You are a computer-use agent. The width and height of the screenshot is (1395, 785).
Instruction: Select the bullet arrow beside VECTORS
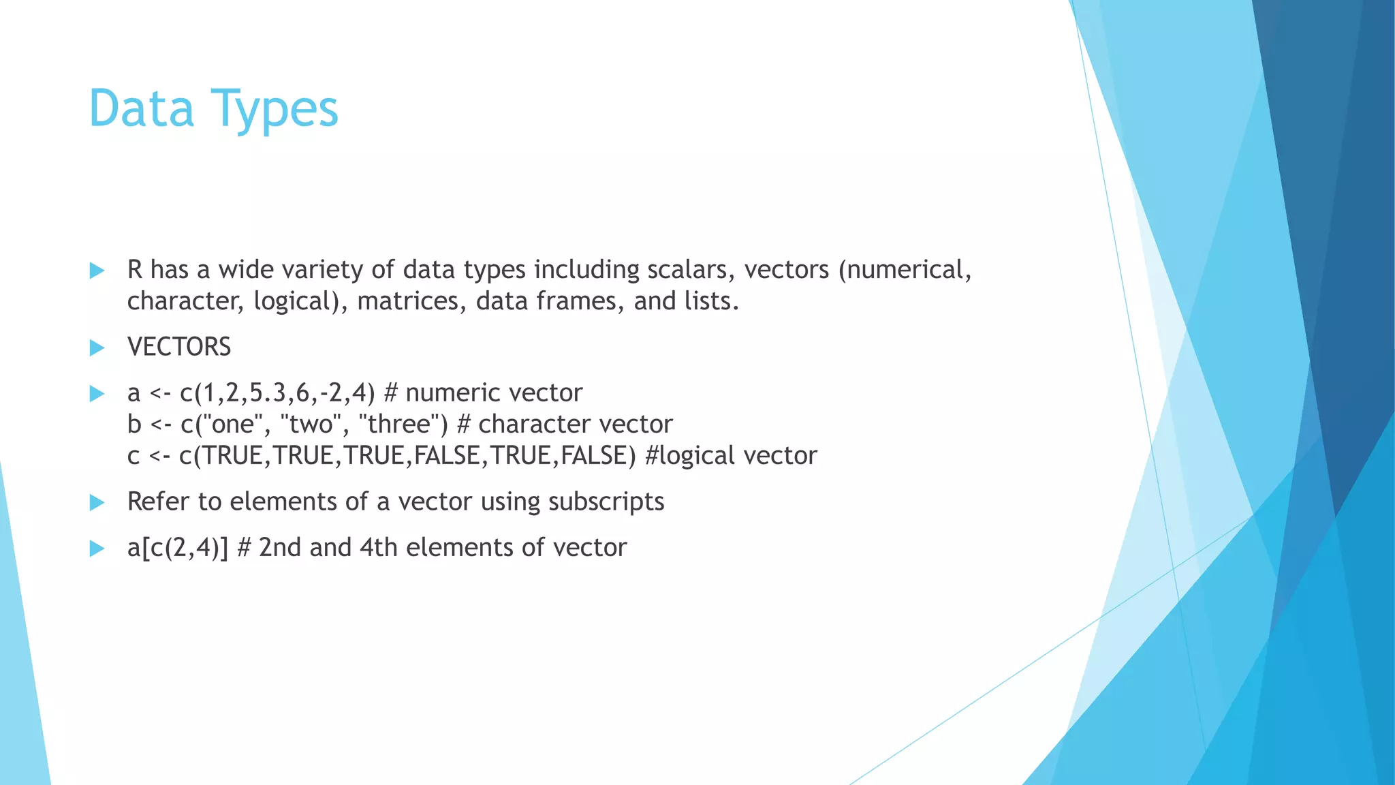coord(97,348)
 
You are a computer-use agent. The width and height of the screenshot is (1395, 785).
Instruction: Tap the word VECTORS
coord(179,348)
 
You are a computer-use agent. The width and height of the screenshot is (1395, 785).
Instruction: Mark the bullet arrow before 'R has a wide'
coord(97,271)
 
